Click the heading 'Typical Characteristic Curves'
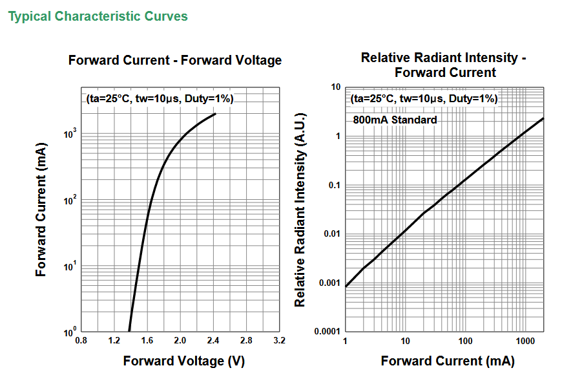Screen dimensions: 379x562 (98, 16)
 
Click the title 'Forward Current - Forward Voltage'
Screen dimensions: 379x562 (175, 60)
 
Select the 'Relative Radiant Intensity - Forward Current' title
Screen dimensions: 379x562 (444, 65)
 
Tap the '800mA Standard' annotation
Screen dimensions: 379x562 (395, 120)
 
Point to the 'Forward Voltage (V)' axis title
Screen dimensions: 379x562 (184, 361)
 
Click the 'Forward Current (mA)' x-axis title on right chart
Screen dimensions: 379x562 (448, 361)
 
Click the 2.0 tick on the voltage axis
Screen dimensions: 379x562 (180, 340)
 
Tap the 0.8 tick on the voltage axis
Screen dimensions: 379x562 (81, 340)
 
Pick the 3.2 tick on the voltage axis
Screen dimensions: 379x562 (279, 340)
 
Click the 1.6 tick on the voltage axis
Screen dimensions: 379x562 (147, 340)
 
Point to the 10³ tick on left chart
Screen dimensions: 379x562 (70, 133)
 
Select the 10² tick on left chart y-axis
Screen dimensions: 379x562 (70, 200)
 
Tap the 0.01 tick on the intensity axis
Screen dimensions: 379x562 (332, 234)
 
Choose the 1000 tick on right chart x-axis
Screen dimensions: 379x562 (524, 340)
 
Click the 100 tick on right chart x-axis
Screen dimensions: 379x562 (464, 340)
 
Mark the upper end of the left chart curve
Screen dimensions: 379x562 (215, 114)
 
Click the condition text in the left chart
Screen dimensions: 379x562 (160, 99)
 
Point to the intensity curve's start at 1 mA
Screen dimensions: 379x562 (346, 286)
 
